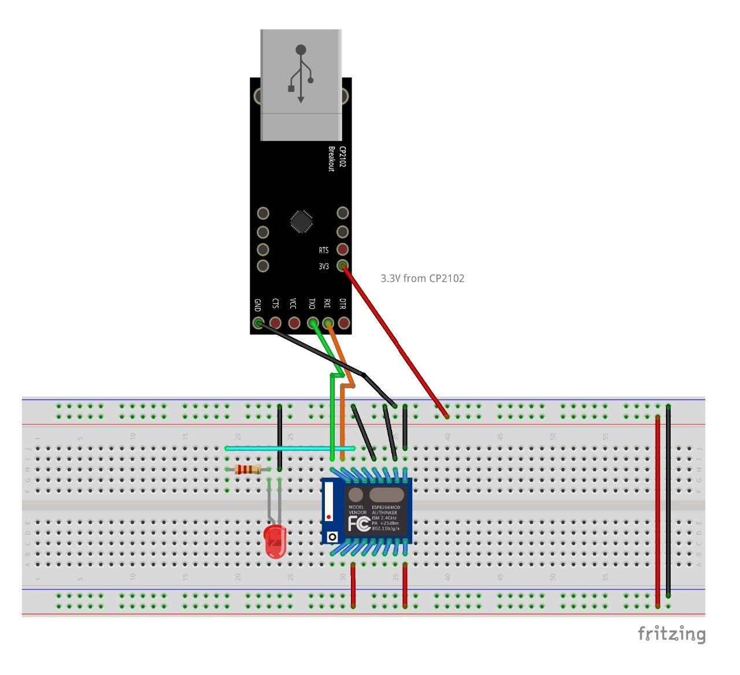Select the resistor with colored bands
pos(248,470)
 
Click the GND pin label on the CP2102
pos(257,305)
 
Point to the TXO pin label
pos(312,304)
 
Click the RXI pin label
pos(327,304)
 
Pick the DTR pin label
pos(343,304)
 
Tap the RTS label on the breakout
pos(324,250)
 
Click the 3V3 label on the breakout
pos(324,267)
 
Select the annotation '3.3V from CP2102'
pos(422,278)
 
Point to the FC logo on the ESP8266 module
pos(358,524)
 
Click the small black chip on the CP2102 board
pos(301,222)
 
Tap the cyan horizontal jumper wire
pos(289,448)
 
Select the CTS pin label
pos(275,304)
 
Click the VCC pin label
pos(293,304)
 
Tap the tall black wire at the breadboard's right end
pos(668,500)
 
